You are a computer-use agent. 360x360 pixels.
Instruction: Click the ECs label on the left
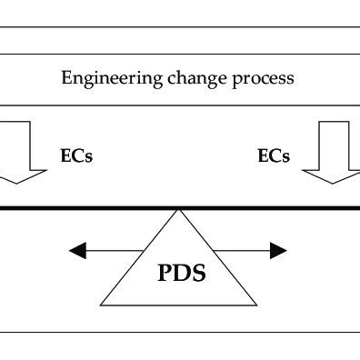point(76,155)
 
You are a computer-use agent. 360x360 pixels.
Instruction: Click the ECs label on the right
point(274,155)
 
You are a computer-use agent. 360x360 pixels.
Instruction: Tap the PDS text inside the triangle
point(176,272)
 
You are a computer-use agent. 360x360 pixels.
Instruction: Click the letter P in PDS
point(158,272)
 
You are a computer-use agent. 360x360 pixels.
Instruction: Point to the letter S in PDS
point(195,272)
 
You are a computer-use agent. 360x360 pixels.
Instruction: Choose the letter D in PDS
point(176,272)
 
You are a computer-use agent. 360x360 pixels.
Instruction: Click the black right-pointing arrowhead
point(279,250)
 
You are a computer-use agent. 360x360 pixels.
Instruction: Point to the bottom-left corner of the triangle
point(100,305)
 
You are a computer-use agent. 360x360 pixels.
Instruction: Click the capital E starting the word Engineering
point(66,78)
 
